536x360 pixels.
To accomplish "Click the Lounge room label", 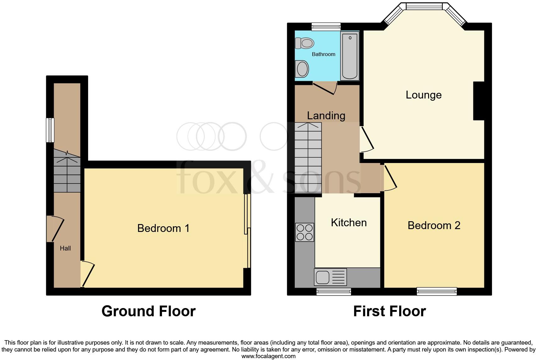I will (423, 95).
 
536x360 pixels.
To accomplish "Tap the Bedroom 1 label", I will (163, 228).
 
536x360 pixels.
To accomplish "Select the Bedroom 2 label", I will (434, 225).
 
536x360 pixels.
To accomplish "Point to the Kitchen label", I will (349, 223).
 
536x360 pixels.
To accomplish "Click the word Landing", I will (326, 115).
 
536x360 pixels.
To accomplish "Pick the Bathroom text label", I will (323, 54).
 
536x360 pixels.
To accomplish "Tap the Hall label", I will (65, 248).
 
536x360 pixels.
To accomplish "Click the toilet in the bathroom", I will (304, 43).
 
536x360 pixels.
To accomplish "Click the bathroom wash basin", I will (302, 69).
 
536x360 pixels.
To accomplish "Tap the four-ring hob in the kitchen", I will (304, 232).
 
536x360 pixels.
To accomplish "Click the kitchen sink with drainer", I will (330, 277).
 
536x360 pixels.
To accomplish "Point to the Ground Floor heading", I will (148, 311).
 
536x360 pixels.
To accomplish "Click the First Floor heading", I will (389, 311).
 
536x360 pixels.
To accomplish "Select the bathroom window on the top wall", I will (326, 27).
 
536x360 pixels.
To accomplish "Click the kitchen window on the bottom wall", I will (334, 292).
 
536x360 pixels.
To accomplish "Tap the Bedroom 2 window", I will (437, 292).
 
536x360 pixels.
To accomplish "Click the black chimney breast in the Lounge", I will (479, 101).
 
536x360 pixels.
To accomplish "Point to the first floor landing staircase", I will (308, 157).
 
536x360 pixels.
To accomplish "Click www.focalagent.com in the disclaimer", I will (268, 356).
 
